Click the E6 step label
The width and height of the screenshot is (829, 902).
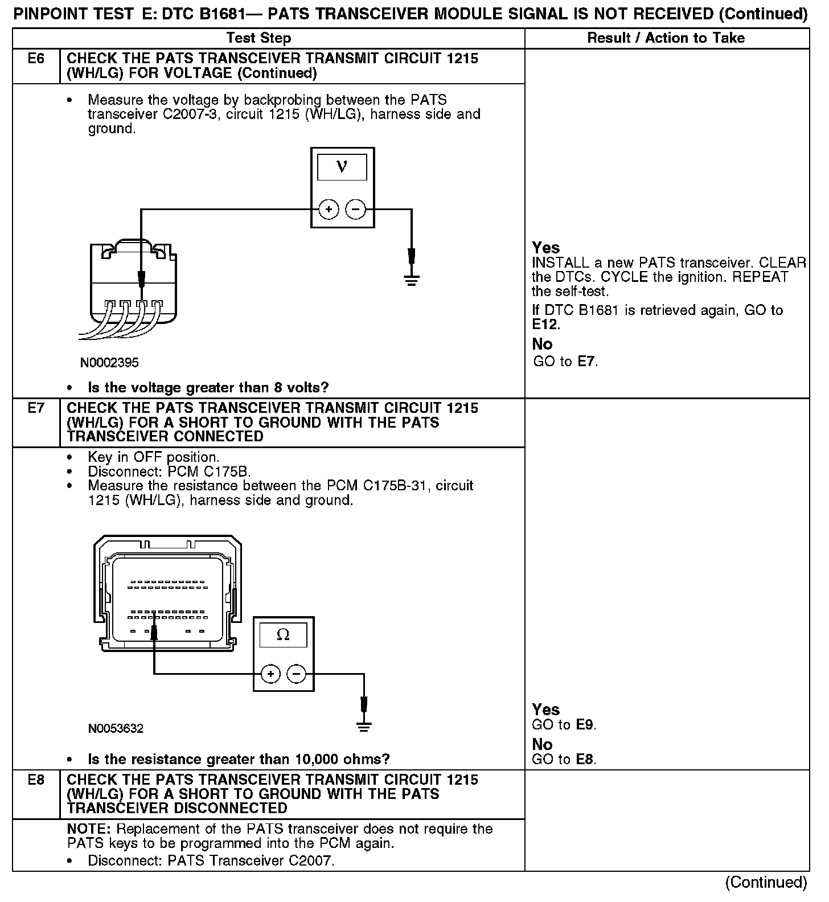[x=36, y=59]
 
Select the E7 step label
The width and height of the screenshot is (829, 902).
[x=36, y=408]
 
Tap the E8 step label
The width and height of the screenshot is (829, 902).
[x=36, y=780]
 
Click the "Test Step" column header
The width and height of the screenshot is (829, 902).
[x=258, y=38]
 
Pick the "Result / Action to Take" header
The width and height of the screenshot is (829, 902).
[x=666, y=38]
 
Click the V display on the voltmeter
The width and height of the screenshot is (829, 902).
[x=342, y=166]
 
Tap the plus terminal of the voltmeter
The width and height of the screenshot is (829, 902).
[x=329, y=210]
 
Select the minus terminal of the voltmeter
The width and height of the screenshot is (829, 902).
[x=356, y=210]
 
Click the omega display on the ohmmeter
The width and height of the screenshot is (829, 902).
[x=283, y=634]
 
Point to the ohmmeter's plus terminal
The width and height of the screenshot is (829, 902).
[x=270, y=675]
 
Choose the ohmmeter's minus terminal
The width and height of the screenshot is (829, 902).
[x=297, y=675]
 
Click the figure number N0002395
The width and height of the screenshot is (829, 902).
[x=109, y=363]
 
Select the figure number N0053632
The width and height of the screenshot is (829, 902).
[x=116, y=728]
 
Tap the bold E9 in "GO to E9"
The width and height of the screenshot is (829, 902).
[x=585, y=725]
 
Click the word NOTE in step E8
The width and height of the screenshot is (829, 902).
[x=88, y=829]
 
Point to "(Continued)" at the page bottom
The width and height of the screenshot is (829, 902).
[x=766, y=883]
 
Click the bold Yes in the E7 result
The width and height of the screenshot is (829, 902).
[x=545, y=710]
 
